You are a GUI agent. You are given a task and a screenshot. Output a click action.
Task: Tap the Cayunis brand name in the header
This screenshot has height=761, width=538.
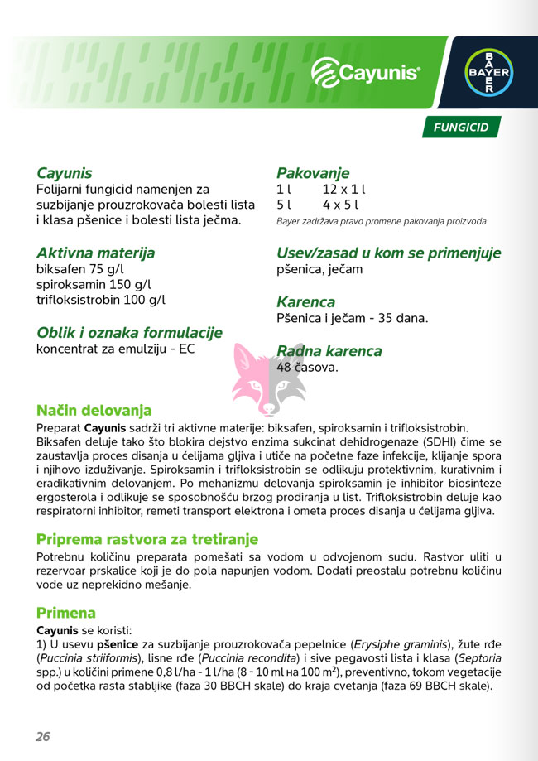point(367,74)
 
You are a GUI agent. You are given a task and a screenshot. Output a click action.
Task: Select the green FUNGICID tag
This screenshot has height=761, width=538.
point(461,128)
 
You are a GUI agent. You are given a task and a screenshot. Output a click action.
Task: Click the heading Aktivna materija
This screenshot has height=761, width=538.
point(95,253)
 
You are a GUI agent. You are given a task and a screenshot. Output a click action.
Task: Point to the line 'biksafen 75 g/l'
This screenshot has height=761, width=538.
point(80,270)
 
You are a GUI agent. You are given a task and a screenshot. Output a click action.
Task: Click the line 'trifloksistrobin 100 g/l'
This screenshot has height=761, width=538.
point(100,300)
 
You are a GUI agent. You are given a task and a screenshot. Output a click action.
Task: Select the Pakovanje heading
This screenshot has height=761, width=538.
point(313,173)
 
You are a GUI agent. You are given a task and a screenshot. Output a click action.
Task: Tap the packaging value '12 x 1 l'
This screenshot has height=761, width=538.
point(343,189)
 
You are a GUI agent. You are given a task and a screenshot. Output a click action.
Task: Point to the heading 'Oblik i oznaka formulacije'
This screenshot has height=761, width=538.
point(129,332)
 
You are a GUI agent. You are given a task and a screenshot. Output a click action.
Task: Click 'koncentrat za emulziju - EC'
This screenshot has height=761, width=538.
point(115,349)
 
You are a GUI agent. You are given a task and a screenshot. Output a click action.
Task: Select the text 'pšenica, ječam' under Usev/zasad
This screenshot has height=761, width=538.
point(319,269)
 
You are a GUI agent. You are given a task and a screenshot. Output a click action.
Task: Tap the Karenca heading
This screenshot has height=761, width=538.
point(305,301)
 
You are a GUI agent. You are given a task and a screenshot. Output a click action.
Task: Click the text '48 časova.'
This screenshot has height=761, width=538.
point(307,367)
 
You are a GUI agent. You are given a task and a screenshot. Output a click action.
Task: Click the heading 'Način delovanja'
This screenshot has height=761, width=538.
point(94,410)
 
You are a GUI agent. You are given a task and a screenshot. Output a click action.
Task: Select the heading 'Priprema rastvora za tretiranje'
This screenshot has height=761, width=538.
point(147,538)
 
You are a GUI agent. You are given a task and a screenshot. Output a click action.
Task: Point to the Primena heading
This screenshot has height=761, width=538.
point(66,613)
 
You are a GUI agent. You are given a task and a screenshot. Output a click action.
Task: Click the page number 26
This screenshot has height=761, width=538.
point(43,736)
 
